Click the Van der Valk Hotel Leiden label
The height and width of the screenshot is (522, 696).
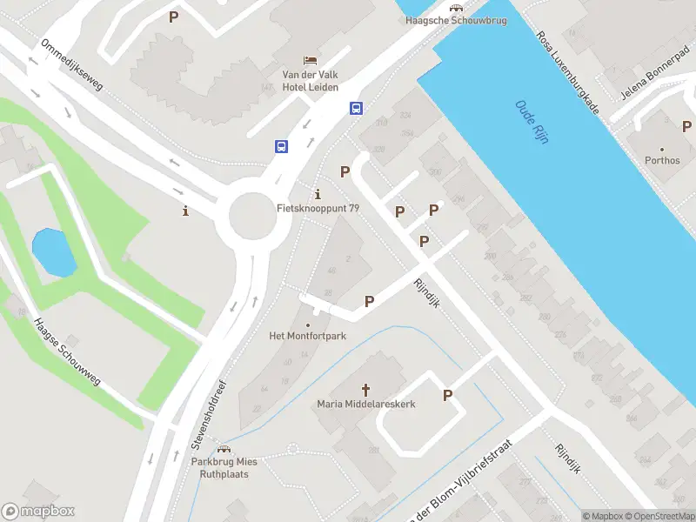click(310, 81)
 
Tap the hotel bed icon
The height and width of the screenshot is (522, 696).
click(310, 60)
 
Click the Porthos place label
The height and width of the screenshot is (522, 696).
click(662, 160)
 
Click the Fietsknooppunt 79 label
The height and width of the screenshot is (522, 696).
click(318, 208)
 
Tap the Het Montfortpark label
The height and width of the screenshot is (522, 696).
click(307, 336)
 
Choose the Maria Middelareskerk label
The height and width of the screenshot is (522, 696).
click(365, 405)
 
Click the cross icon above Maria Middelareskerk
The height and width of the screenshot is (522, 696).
click(365, 390)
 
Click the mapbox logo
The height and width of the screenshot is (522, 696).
click(38, 512)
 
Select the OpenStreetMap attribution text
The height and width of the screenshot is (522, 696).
click(659, 516)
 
